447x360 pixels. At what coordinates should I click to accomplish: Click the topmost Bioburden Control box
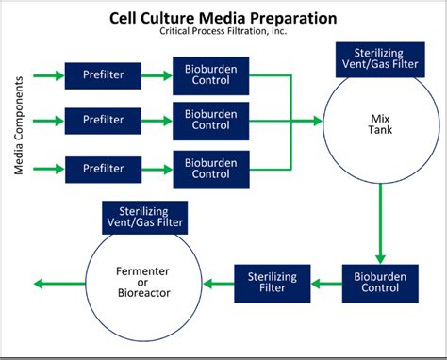(x=211, y=75)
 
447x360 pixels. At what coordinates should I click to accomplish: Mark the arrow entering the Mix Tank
(x=306, y=122)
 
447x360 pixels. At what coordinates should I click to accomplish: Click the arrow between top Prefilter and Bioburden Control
(x=155, y=75)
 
